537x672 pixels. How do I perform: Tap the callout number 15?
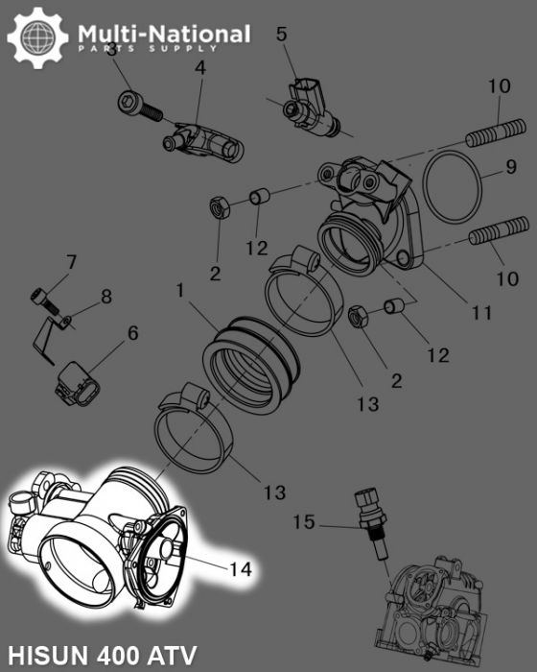(x=303, y=522)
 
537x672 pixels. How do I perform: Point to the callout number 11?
(x=481, y=313)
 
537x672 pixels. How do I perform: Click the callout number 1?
(x=179, y=288)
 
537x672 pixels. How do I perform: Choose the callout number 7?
(x=70, y=261)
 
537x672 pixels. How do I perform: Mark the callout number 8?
(x=105, y=297)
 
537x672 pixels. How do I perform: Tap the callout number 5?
(x=281, y=35)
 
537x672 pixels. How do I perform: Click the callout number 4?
(x=199, y=68)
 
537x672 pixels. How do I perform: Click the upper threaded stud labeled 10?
(x=497, y=130)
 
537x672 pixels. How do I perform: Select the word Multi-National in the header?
(x=164, y=35)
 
